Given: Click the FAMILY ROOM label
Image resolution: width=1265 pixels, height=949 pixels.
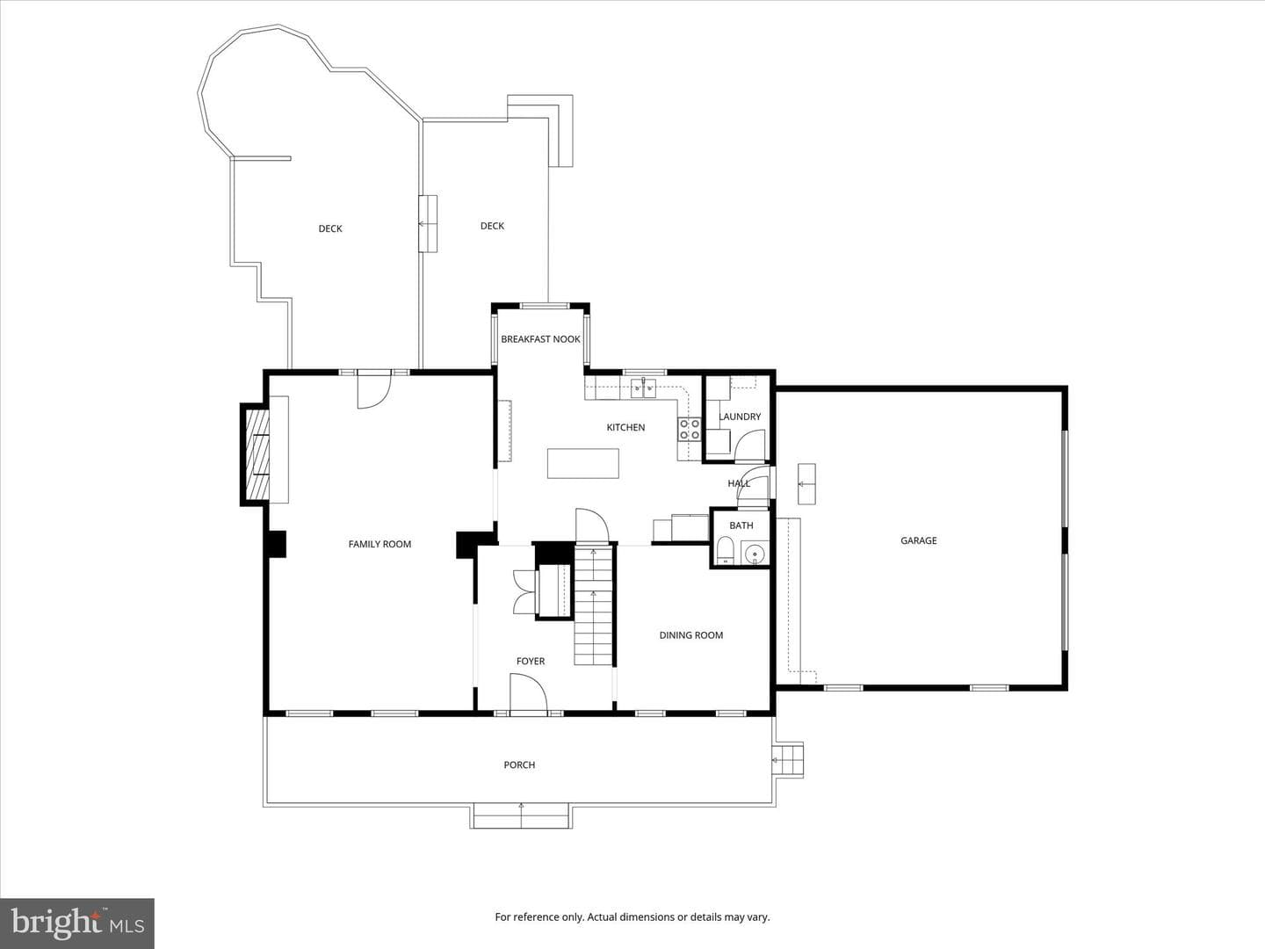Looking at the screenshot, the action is (x=379, y=544).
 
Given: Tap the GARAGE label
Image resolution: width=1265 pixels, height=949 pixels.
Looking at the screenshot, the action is (x=919, y=540).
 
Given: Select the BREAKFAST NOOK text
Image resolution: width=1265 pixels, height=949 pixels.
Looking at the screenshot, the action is (x=540, y=339).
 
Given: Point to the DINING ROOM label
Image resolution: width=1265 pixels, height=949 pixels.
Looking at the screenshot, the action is (x=691, y=635).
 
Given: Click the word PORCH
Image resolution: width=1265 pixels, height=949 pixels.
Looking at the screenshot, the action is (x=519, y=764).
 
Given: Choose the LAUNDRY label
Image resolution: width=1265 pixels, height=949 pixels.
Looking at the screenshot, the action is (x=740, y=416).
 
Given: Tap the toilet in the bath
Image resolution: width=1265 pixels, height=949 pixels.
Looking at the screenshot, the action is (x=725, y=550).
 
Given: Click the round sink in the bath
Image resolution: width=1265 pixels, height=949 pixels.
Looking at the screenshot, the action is (x=755, y=554).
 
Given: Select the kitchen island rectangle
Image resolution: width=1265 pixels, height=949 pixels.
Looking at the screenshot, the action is (x=583, y=463).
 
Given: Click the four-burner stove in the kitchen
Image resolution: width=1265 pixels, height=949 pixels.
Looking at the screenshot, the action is (x=690, y=429).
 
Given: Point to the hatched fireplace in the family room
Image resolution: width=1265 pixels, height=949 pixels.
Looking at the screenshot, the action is (x=257, y=454).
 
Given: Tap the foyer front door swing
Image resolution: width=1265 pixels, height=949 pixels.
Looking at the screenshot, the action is (x=528, y=694).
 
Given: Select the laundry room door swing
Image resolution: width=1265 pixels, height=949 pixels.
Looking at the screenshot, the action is (x=750, y=446).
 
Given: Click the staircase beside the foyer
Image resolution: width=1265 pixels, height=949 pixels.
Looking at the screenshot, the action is (x=593, y=605).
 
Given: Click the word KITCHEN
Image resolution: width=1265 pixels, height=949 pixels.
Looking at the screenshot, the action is (x=625, y=427).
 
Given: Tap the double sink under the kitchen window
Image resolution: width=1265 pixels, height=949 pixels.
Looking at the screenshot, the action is (x=643, y=388).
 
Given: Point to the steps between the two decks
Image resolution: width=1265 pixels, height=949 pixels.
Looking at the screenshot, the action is (x=428, y=223).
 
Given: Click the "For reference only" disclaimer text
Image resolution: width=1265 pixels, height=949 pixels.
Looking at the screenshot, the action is (x=632, y=916).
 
